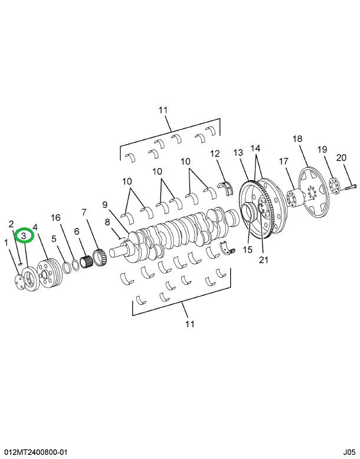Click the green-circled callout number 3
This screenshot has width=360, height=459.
pyautogui.click(x=23, y=236)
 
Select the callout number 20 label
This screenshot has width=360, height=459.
pyautogui.click(x=341, y=158)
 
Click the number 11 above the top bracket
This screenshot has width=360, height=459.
pyautogui.click(x=163, y=110)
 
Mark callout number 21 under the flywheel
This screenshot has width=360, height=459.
pyautogui.click(x=262, y=258)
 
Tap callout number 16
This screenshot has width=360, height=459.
pyautogui.click(x=55, y=218)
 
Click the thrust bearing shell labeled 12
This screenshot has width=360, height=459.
pyautogui.click(x=225, y=189)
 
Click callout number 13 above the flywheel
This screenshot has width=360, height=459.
pyautogui.click(x=238, y=153)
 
